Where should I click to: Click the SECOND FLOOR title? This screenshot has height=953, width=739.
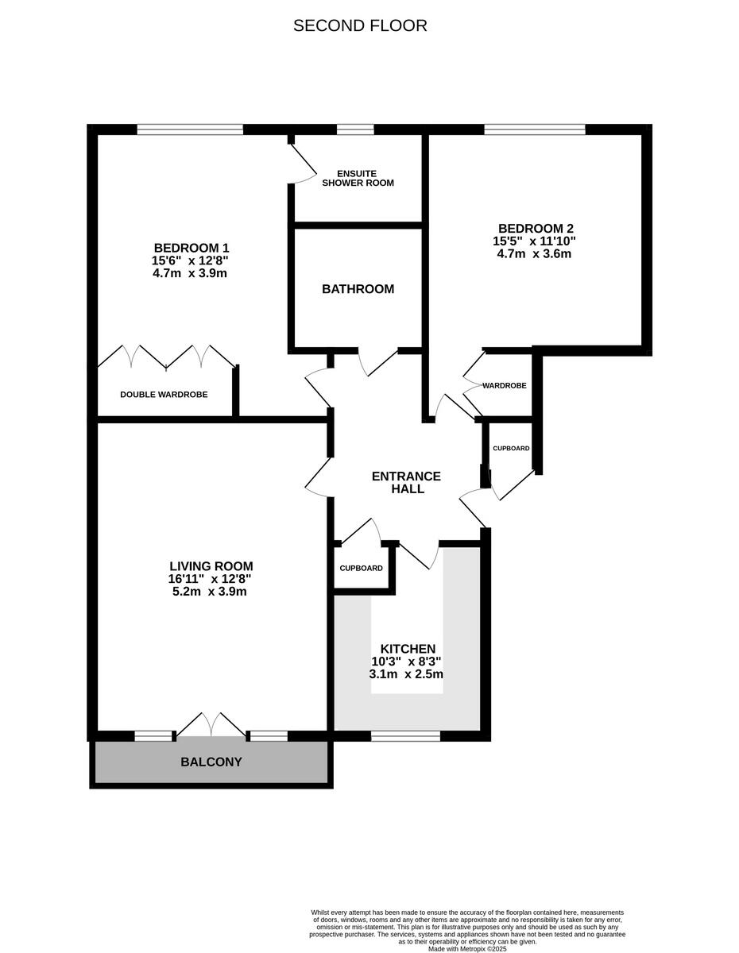360,25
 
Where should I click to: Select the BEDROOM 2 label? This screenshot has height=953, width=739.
534,228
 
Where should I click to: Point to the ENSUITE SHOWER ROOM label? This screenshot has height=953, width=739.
358,178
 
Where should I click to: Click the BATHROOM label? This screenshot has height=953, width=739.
358,289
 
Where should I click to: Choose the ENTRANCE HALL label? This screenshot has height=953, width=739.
406,482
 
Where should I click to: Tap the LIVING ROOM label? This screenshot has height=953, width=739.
206,566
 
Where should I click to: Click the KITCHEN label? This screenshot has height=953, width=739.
408,649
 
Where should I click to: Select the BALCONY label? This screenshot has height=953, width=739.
211,762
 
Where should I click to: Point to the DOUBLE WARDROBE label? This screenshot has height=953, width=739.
164,394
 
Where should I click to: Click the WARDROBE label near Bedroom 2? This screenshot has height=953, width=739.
505,385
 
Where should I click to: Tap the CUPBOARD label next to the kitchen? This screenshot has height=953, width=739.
361,568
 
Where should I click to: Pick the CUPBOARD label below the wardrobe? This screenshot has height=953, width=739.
511,449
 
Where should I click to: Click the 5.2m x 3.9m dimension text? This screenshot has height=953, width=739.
206,592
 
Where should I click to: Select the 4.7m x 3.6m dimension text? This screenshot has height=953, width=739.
534,254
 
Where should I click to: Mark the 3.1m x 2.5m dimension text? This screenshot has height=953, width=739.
406,673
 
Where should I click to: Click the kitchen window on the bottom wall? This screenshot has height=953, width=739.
405,736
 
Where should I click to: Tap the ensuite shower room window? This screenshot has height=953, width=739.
355,129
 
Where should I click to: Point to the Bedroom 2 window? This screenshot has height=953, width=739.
534,129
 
